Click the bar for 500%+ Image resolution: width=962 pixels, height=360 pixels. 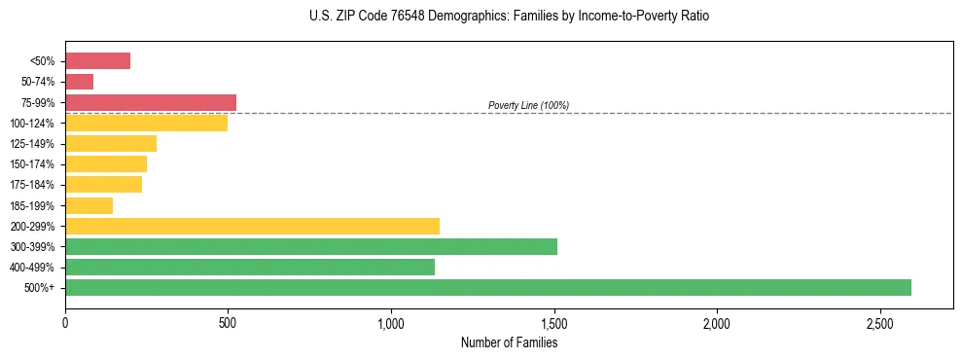click(487, 287)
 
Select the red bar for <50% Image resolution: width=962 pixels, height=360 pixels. click(97, 61)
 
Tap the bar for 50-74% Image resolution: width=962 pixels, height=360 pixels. click(79, 82)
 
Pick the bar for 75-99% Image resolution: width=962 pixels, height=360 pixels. click(151, 102)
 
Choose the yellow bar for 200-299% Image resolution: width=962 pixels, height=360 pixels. click(252, 226)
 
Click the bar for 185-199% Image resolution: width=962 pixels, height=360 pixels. click(89, 205)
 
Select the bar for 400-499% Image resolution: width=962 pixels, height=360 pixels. click(250, 267)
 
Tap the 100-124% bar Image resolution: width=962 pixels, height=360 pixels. click(146, 123)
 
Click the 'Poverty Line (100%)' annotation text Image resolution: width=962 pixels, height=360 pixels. click(528, 105)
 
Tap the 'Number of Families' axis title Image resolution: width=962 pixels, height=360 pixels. click(509, 342)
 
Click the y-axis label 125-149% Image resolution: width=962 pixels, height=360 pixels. click(32, 144)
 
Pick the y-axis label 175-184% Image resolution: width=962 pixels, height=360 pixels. click(32, 185)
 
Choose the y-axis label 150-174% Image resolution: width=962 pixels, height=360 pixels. click(32, 164)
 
